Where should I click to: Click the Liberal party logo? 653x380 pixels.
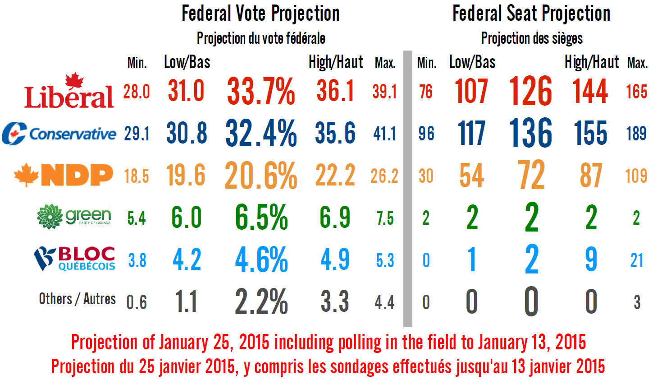pos(69,92)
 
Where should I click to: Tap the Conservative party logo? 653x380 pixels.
pos(59,134)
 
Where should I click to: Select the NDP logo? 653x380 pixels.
pos(64,175)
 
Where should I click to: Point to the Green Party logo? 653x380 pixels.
pos(74,216)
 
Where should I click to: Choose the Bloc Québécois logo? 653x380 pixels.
pos(75,259)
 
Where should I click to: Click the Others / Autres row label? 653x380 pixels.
pos(77,299)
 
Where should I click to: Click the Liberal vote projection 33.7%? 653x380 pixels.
pos(261,91)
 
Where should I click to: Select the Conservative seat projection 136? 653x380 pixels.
pos(531,133)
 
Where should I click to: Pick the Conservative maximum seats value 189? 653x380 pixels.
pos(636,134)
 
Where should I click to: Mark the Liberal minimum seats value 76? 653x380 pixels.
pos(426,92)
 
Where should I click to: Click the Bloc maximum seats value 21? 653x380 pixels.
pos(636,260)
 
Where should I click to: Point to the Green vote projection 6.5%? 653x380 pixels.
pos(261,218)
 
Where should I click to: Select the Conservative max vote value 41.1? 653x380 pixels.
pos(384,134)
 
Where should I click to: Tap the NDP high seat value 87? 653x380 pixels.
pos(591,176)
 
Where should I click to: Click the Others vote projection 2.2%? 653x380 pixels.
pos(261,301)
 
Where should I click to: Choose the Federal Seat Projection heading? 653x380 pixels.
pos(531,14)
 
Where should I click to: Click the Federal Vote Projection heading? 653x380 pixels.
pos(260,14)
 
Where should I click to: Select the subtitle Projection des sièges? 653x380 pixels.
pos(532,38)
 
